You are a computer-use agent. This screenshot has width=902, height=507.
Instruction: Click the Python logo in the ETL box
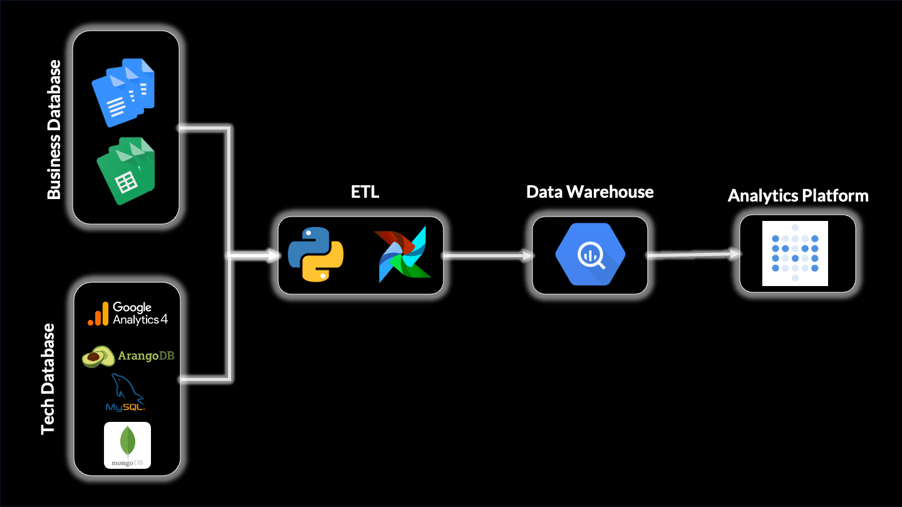click(x=316, y=254)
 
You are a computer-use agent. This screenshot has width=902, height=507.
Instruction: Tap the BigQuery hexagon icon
click(x=589, y=255)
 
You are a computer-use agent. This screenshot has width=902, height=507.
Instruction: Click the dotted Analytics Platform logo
click(x=795, y=253)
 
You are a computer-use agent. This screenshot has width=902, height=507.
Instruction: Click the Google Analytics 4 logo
click(x=128, y=314)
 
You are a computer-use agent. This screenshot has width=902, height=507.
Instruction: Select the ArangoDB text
click(x=145, y=356)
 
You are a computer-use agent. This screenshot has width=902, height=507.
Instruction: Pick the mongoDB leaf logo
click(x=128, y=445)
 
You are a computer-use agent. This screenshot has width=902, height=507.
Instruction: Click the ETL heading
click(x=365, y=192)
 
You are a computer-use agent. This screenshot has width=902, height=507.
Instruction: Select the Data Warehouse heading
click(x=589, y=192)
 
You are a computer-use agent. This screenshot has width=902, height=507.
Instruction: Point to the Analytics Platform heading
click(x=797, y=196)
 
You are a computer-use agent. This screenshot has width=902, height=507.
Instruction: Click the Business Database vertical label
click(x=54, y=130)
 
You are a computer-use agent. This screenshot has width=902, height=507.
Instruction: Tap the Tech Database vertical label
click(x=48, y=379)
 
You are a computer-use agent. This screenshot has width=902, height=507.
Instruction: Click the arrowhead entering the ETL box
click(x=273, y=255)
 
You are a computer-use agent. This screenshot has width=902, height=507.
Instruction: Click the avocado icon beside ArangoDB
click(x=98, y=356)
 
